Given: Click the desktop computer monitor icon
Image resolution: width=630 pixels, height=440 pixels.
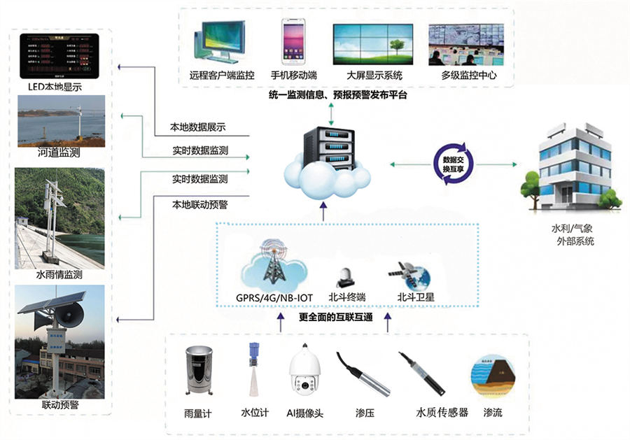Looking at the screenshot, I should [x=222, y=41].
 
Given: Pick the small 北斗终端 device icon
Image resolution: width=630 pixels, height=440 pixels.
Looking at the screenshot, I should [x=346, y=277].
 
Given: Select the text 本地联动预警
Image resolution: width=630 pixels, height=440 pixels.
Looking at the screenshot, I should [x=199, y=205].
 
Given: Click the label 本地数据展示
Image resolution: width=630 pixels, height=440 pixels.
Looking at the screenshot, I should [x=197, y=128].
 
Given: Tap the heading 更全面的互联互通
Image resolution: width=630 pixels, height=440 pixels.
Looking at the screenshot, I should [x=335, y=317].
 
